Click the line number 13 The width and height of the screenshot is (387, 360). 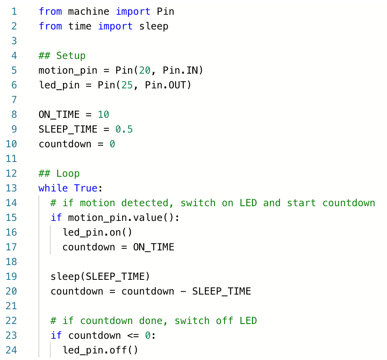click(11, 188)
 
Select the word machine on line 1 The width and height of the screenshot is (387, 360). click(89, 11)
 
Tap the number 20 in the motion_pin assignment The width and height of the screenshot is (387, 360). click(145, 71)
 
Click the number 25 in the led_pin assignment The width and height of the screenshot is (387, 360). click(127, 85)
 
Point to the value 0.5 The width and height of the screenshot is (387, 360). click(124, 129)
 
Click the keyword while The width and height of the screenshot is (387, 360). click(53, 188)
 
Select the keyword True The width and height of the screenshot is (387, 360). click(85, 188)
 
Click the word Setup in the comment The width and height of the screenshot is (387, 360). click(71, 56)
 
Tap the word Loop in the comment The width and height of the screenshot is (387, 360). click(68, 174)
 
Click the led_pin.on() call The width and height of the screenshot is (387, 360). click(97, 233)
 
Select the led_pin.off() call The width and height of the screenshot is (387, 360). click(101, 350)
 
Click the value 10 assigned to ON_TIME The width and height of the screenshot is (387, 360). click(103, 115)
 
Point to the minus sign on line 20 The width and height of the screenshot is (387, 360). click(183, 291)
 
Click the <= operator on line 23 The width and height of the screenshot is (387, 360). click(133, 335)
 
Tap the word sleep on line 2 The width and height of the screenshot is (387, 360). click(154, 27)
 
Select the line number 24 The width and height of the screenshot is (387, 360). click(11, 350)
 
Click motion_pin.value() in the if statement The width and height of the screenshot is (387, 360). click(121, 218)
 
